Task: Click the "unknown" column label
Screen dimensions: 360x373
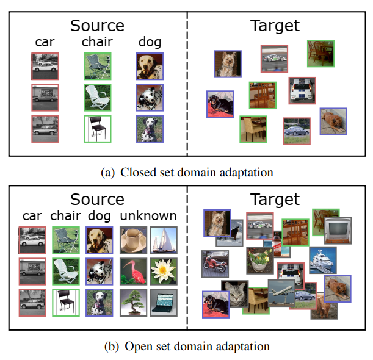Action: [x=148, y=215]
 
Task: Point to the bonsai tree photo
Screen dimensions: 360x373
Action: [x=133, y=303]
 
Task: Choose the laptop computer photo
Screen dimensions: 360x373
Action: [x=164, y=303]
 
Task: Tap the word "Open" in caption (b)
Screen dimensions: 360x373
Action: [x=137, y=346]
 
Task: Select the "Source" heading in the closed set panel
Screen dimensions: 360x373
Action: [x=97, y=26]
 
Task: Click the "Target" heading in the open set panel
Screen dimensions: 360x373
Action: [x=275, y=200]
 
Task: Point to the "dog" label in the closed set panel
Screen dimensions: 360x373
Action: [x=150, y=42]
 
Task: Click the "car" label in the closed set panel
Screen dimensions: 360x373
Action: [x=45, y=42]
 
